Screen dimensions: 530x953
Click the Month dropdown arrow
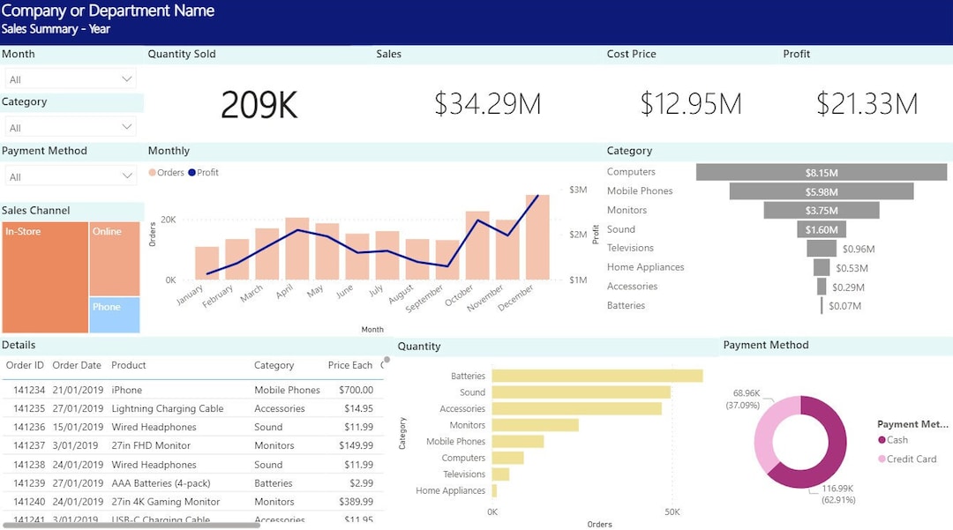(x=126, y=79)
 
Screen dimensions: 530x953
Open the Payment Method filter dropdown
(x=126, y=176)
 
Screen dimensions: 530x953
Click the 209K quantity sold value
(x=259, y=105)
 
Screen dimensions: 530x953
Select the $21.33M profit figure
(x=867, y=104)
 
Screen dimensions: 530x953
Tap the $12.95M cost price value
(x=691, y=104)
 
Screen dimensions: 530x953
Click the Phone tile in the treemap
(x=115, y=315)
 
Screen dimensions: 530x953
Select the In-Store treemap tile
(x=45, y=278)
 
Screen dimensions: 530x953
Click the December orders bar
(x=537, y=238)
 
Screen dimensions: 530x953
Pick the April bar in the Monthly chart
(x=297, y=249)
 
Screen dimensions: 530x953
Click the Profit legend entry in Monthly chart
(x=204, y=173)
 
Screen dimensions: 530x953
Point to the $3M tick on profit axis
(x=578, y=190)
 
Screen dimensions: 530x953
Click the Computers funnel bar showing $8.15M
(x=821, y=173)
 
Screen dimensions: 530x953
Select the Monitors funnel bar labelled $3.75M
(x=821, y=211)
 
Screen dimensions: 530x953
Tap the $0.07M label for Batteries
(x=845, y=306)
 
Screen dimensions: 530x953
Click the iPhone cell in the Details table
(x=127, y=390)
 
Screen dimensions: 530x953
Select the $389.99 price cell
(x=356, y=502)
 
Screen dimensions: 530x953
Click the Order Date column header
(x=77, y=365)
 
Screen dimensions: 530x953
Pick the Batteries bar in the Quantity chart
(x=597, y=376)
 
